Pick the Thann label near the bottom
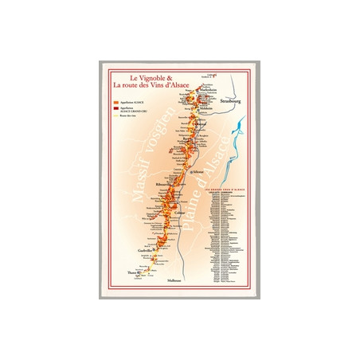click(x=133, y=274)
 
